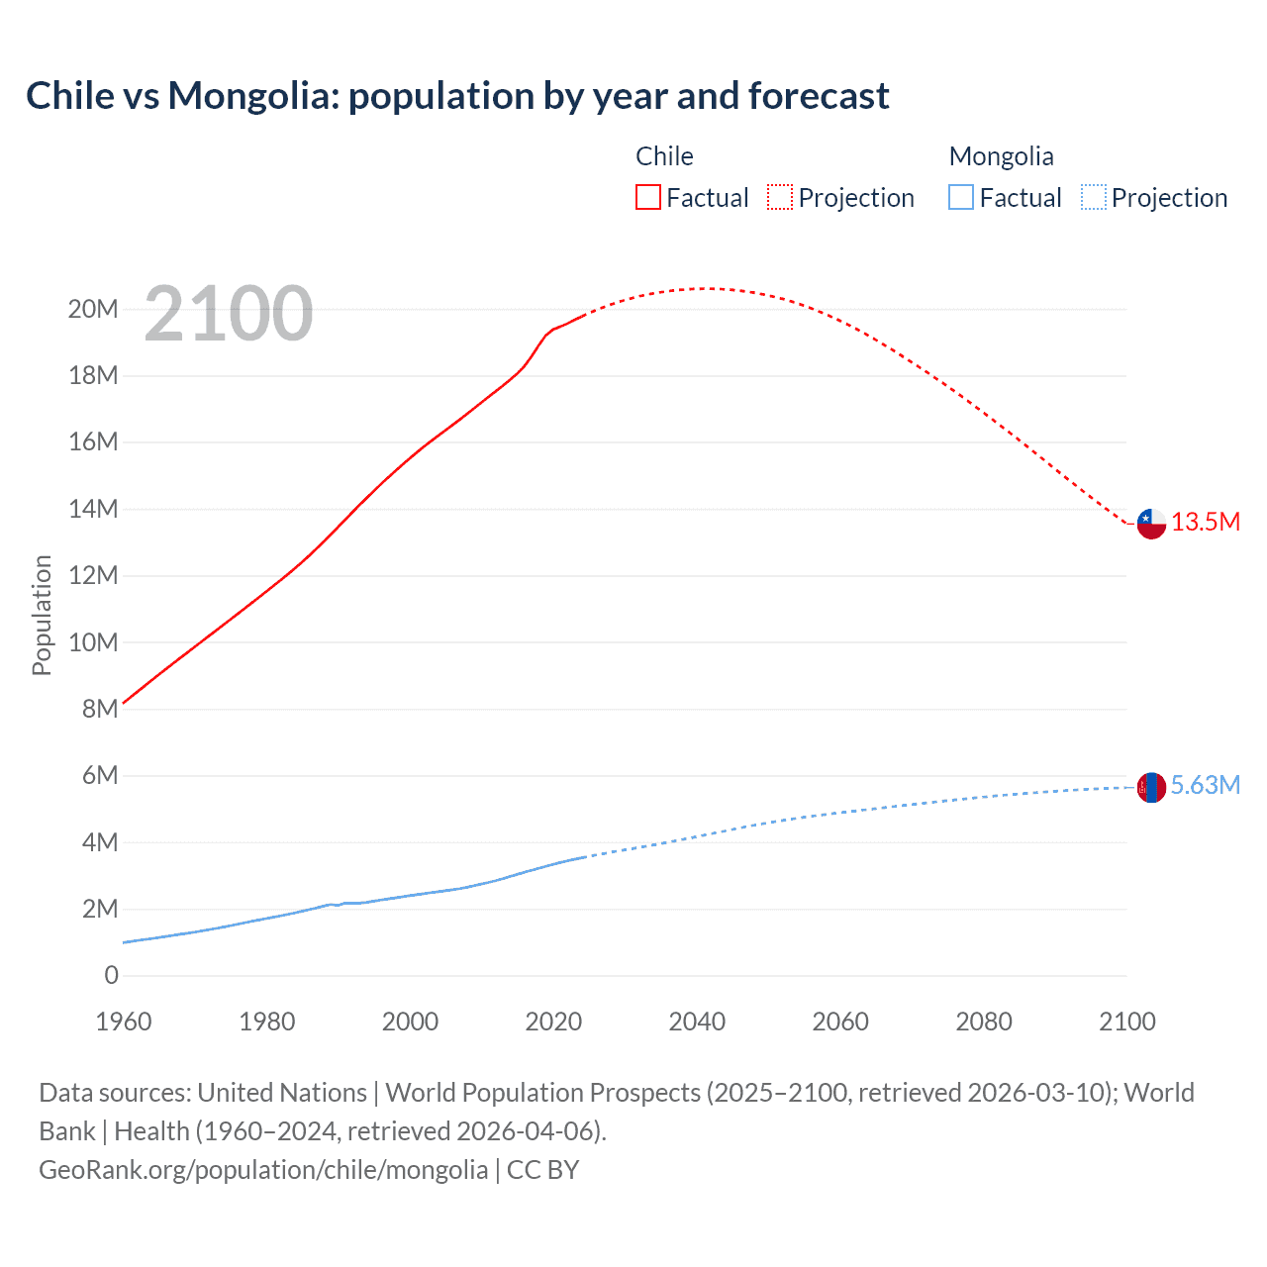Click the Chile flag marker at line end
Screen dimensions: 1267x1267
(1151, 523)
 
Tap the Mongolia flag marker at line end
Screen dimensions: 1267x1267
(1151, 787)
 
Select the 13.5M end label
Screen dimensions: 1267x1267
(1206, 522)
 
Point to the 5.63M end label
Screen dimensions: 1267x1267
(1205, 785)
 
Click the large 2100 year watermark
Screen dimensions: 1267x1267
(229, 314)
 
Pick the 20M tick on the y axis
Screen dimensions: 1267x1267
(93, 309)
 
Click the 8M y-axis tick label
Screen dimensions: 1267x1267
(100, 709)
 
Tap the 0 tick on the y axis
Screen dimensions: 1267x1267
(111, 975)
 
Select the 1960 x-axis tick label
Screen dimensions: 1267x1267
(124, 1022)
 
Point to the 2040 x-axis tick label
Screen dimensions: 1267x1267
(697, 1022)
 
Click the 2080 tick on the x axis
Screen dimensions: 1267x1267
(984, 1022)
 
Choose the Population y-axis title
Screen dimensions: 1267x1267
(42, 615)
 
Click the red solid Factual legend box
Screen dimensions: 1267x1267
(648, 197)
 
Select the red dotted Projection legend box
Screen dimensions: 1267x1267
(780, 197)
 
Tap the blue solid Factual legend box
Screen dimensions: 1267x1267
(961, 197)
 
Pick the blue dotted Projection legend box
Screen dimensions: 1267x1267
(1093, 197)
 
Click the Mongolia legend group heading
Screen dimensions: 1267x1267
(1001, 156)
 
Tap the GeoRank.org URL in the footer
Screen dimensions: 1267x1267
(263, 1169)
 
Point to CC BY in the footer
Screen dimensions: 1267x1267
(542, 1169)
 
